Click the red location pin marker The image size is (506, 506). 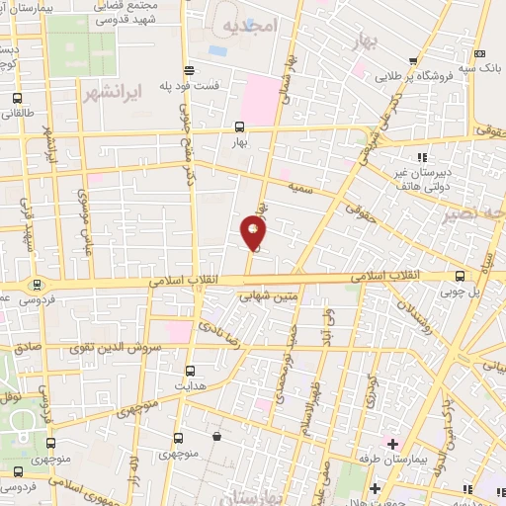(x=254, y=231)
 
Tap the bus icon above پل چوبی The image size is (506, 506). (x=460, y=277)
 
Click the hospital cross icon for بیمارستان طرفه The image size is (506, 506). (x=392, y=442)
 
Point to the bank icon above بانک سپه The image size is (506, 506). (x=478, y=54)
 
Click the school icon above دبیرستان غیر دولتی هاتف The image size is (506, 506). (x=422, y=157)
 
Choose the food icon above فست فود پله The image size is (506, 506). (x=189, y=69)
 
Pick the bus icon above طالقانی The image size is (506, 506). (x=18, y=99)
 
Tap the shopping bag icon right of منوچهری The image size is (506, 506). (x=216, y=436)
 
